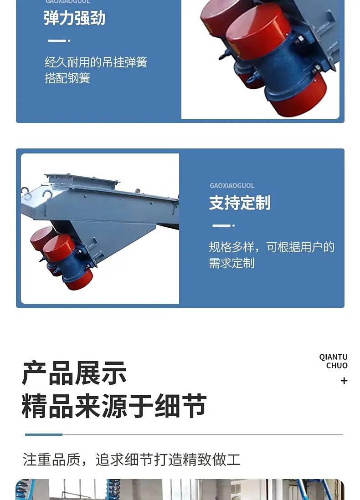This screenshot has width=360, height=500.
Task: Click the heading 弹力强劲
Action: pyautogui.click(x=74, y=18)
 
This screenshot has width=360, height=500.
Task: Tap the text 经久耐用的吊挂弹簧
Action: pyautogui.click(x=96, y=62)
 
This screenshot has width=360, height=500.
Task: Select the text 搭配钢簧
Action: pyautogui.click(x=67, y=78)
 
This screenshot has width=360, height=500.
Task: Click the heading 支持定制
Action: pyautogui.click(x=240, y=203)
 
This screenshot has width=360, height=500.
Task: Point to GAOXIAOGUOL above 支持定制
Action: pyautogui.click(x=232, y=186)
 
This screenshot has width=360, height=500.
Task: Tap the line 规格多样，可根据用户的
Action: pyautogui.click(x=272, y=247)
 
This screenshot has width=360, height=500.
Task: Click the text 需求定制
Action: pyautogui.click(x=231, y=263)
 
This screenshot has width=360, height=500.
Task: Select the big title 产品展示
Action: pyautogui.click(x=74, y=373)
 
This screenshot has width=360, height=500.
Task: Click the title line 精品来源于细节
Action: pyautogui.click(x=114, y=406)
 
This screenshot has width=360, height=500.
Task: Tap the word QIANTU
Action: pyautogui.click(x=333, y=357)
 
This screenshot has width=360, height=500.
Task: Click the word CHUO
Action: pyautogui.click(x=337, y=365)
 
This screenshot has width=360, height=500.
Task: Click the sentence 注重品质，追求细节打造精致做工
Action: pyautogui.click(x=132, y=459)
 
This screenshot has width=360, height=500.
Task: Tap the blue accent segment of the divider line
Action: pyautogui.click(x=44, y=434)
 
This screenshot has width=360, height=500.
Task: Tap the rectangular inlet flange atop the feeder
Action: pyautogui.click(x=82, y=179)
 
